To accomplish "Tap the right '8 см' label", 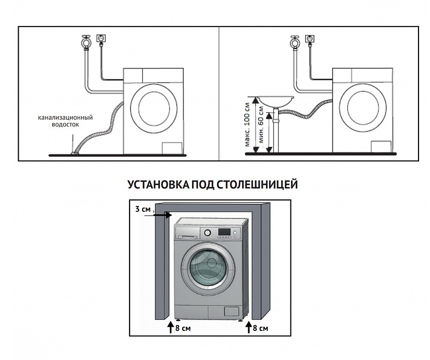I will coord(260,328).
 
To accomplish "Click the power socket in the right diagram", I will coord(310,40).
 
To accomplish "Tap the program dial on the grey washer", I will coord(207,233).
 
